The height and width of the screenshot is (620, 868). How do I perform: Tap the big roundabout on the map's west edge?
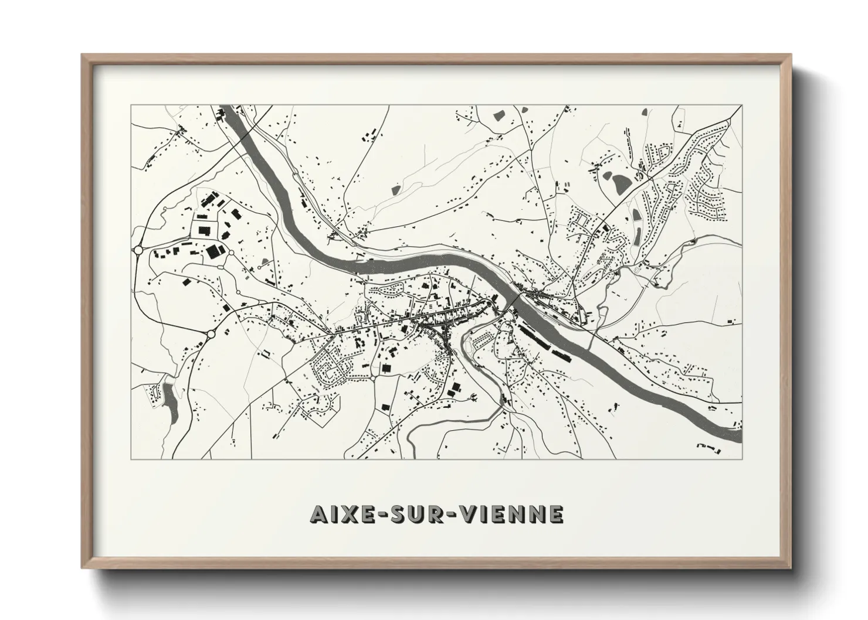tap(138, 250)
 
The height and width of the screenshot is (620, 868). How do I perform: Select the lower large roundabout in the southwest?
tap(211, 335)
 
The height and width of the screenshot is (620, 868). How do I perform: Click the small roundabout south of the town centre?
tap(372, 379)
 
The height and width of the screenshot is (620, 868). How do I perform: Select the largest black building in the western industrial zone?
tap(213, 252)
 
